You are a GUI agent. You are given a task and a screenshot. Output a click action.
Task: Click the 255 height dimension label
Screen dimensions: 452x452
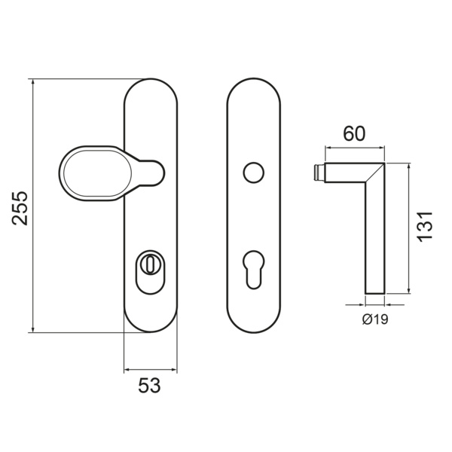20,208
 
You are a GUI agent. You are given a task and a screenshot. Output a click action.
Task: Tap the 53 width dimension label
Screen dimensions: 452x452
149,386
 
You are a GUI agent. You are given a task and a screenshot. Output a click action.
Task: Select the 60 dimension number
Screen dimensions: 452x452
354,133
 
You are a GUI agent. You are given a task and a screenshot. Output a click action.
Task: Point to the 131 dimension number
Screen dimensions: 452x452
425,227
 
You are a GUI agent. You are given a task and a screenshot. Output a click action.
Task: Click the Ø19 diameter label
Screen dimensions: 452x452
375,319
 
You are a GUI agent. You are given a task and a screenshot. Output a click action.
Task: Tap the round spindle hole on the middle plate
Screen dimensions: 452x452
253,173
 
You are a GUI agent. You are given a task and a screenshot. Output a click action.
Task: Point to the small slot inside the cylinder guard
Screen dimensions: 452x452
150,265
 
